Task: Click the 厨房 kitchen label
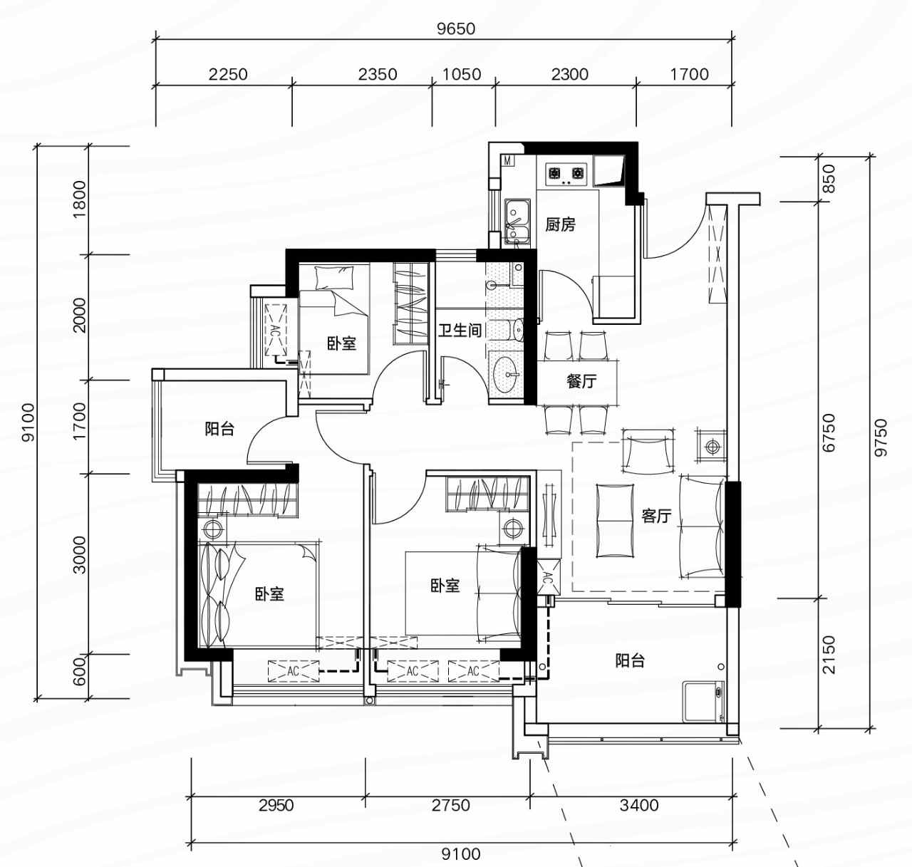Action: pos(560,224)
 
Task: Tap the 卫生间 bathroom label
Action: pos(460,331)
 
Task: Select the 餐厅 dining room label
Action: pos(581,381)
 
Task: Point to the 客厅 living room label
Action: pos(656,515)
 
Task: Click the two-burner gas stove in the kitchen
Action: pos(565,175)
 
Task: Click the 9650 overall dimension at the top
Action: pos(456,28)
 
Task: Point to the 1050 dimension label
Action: pos(462,74)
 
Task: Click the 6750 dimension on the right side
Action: pos(829,433)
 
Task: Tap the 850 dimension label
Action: pos(829,179)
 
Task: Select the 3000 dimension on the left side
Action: pos(80,555)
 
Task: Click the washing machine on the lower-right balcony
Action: pos(704,701)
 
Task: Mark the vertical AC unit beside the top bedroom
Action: pos(275,330)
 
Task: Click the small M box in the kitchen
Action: pos(508,161)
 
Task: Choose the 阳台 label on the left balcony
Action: pos(219,429)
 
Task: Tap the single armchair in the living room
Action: pos(648,452)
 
